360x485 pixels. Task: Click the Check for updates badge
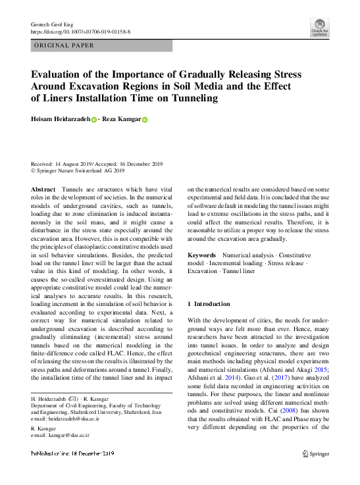pos(320,27)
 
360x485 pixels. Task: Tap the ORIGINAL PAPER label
pos(64,45)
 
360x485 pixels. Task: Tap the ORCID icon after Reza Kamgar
pos(145,120)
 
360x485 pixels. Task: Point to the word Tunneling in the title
pos(188,99)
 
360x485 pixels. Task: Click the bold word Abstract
pos(43,189)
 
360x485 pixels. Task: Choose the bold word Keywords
pos(201,254)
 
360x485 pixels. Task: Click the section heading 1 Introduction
pos(209,304)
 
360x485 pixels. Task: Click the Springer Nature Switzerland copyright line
pos(78,170)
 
